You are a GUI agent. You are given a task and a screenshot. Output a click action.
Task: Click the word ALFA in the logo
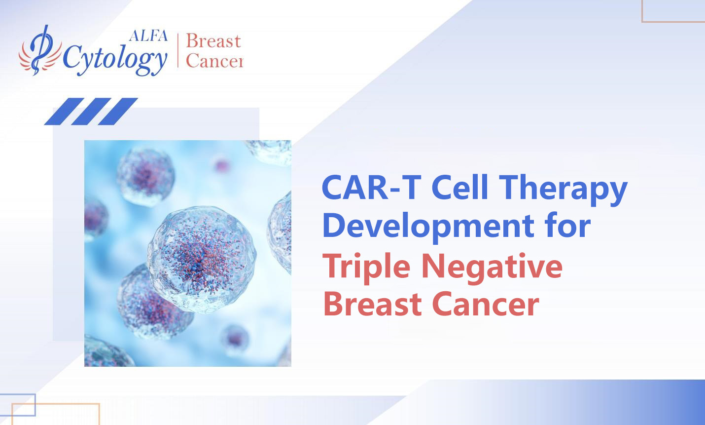148,36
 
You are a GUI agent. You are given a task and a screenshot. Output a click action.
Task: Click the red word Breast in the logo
213,41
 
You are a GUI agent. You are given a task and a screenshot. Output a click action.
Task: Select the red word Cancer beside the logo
214,61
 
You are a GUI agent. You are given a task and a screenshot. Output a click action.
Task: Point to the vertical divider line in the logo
177,50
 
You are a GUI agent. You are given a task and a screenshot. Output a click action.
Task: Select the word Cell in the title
460,188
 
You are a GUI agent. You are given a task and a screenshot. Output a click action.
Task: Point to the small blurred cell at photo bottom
235,339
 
